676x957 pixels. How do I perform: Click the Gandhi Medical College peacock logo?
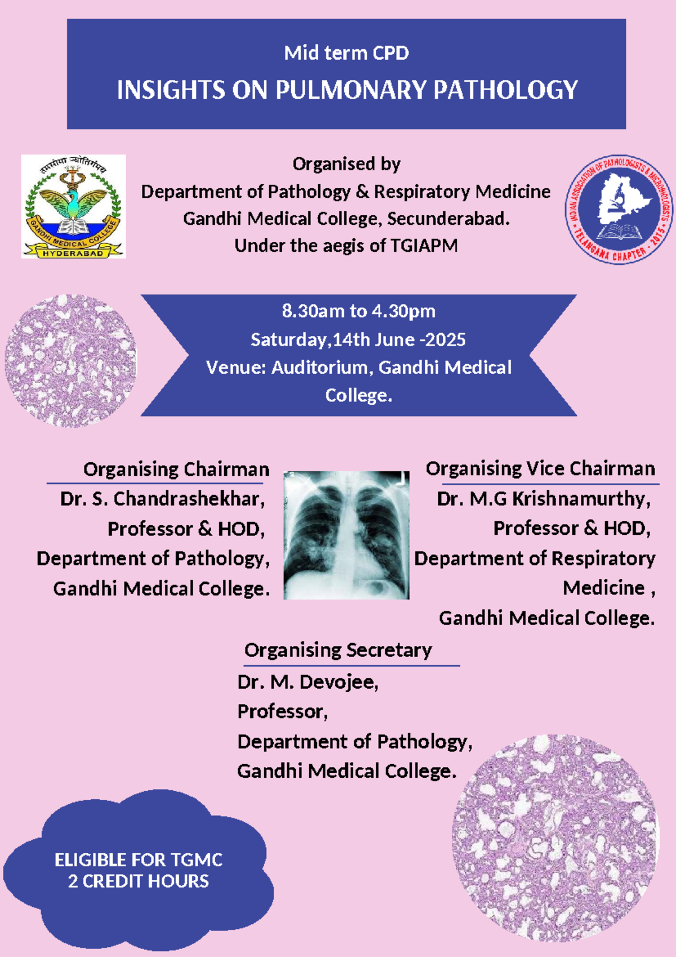click(73, 206)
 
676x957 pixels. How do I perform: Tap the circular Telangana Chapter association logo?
click(619, 209)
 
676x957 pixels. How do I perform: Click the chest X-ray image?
click(346, 535)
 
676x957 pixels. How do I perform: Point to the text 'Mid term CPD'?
click(346, 53)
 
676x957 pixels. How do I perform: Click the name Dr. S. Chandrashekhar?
click(162, 499)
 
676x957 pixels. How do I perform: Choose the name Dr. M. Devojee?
click(308, 682)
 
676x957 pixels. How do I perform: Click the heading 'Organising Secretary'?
click(338, 650)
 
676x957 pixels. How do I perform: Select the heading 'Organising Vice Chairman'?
click(540, 469)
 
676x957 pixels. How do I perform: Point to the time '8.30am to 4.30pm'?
click(359, 311)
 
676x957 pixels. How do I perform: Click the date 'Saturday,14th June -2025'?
click(358, 340)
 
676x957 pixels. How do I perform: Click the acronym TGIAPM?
click(424, 246)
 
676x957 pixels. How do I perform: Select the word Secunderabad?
click(449, 219)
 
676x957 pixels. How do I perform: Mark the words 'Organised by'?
click(346, 165)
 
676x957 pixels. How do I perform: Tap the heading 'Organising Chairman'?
click(176, 469)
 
